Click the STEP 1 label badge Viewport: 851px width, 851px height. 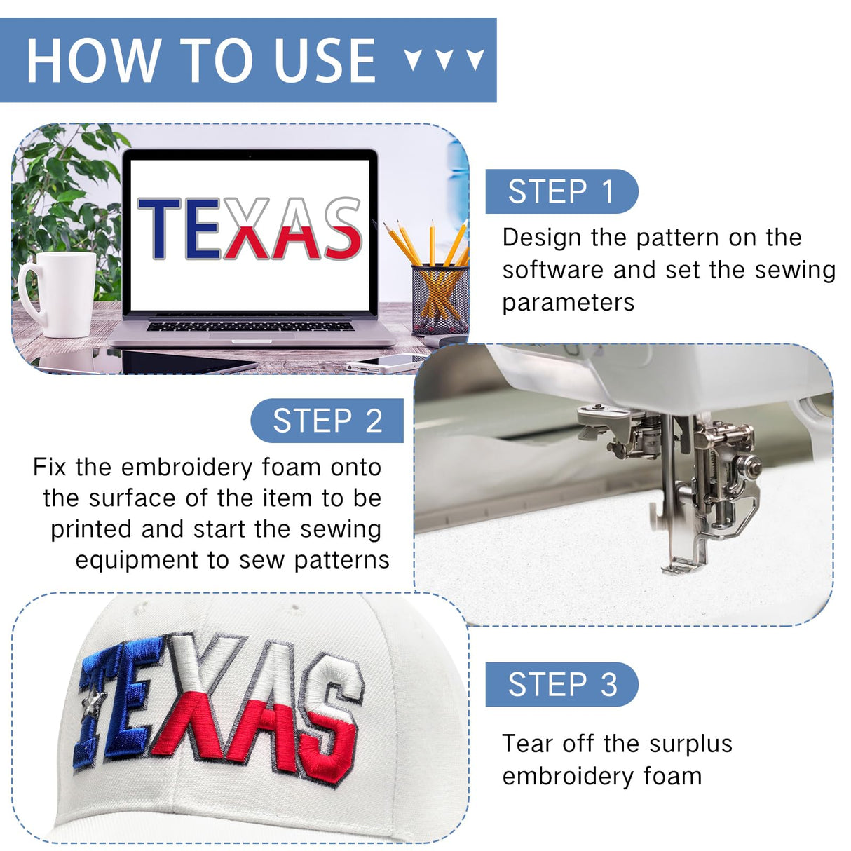click(561, 191)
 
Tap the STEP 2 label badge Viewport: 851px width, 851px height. click(327, 421)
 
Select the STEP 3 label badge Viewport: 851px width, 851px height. click(561, 684)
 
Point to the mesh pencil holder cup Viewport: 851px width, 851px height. click(440, 299)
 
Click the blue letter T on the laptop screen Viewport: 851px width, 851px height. click(159, 229)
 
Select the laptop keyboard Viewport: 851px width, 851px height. click(250, 327)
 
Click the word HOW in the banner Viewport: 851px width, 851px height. click(93, 60)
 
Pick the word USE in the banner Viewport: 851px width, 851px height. click(325, 60)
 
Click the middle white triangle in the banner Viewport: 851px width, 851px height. click(444, 60)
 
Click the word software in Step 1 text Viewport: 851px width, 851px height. click(552, 270)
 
